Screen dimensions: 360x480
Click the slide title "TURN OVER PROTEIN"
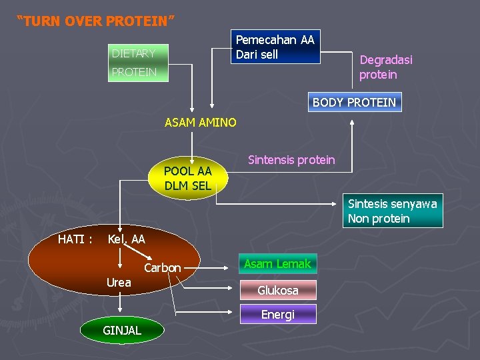pos(96,21)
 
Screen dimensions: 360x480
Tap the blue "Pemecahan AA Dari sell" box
pos(275,47)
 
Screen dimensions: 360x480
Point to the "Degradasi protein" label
pos(386,67)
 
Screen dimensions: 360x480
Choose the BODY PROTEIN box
pos(354,102)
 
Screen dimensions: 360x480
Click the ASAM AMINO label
pos(200,122)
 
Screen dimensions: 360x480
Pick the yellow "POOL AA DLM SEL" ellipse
pos(187,179)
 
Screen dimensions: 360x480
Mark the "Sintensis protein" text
pos(291,159)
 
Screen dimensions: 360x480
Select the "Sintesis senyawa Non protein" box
pos(393,211)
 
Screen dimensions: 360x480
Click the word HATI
pos(75,239)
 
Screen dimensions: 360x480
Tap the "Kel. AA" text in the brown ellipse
pos(126,239)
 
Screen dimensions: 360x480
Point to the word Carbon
pos(163,268)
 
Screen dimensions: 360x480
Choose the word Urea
pos(119,283)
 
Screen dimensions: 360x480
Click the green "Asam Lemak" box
pos(277,264)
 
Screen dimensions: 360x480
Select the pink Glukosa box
pos(278,290)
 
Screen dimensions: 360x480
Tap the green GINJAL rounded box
pos(121,330)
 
